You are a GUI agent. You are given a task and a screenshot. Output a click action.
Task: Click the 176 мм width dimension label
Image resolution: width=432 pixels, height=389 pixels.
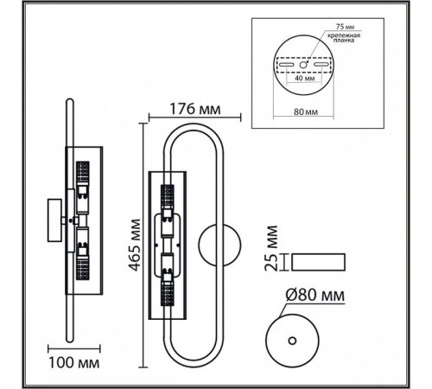click(195, 109)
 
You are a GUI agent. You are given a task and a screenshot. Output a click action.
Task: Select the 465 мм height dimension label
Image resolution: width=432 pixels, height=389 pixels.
click(135, 246)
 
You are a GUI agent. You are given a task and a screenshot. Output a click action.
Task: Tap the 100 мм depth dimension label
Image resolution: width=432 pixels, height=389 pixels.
click(74, 363)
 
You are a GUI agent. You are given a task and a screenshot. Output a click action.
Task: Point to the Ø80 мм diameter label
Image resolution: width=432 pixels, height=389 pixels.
click(315, 295)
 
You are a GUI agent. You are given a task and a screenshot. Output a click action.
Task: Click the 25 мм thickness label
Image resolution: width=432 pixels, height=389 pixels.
click(271, 248)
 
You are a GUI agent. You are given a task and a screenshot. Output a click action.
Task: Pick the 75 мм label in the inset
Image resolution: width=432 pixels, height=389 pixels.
click(345, 27)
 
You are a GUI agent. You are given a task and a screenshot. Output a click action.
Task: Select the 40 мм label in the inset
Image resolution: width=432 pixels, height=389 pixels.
click(305, 78)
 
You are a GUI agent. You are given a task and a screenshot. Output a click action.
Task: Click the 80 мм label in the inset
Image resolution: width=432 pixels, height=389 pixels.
click(306, 112)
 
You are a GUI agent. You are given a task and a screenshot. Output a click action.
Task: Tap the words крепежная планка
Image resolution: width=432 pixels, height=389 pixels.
click(344, 38)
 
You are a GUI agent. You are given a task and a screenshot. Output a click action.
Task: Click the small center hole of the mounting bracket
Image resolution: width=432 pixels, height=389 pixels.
click(303, 65)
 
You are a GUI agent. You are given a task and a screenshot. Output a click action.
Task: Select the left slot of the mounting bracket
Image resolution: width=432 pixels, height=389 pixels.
click(286, 65)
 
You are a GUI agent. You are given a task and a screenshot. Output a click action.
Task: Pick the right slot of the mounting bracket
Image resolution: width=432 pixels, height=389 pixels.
click(321, 65)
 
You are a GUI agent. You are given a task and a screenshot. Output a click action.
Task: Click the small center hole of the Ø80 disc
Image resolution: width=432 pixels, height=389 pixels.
click(292, 341)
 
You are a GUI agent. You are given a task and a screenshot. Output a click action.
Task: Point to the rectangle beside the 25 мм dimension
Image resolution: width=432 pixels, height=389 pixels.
click(318, 262)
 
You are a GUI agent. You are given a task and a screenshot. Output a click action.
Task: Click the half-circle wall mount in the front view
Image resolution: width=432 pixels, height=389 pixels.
click(219, 245)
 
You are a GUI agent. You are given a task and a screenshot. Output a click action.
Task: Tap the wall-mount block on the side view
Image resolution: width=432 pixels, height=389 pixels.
click(54, 220)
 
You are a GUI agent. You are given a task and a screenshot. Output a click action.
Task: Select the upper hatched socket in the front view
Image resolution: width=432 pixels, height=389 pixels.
click(168, 195)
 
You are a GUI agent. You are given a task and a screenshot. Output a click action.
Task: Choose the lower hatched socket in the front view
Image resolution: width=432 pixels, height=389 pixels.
click(168, 294)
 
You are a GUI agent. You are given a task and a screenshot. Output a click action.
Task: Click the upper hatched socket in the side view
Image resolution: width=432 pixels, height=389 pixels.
click(83, 172)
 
